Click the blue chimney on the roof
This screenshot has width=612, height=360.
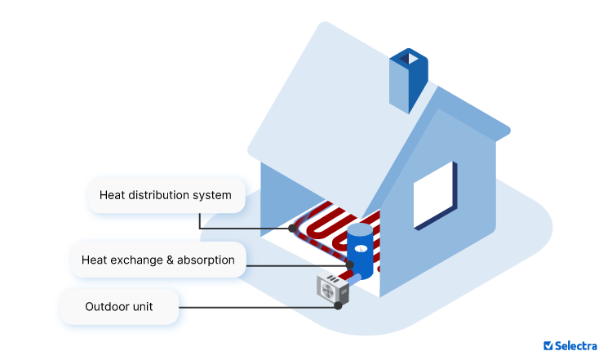408,80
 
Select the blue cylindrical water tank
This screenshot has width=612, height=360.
359,253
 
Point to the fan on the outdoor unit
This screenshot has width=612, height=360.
327,289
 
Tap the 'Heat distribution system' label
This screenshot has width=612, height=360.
166,195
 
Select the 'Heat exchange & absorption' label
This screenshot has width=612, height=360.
157,260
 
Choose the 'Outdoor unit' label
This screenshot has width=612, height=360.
119,307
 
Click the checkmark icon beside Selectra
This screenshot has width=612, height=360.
548,345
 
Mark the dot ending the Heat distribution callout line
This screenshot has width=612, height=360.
292,229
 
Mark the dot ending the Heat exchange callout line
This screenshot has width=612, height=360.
349,265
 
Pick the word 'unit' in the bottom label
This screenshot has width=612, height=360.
141,307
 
